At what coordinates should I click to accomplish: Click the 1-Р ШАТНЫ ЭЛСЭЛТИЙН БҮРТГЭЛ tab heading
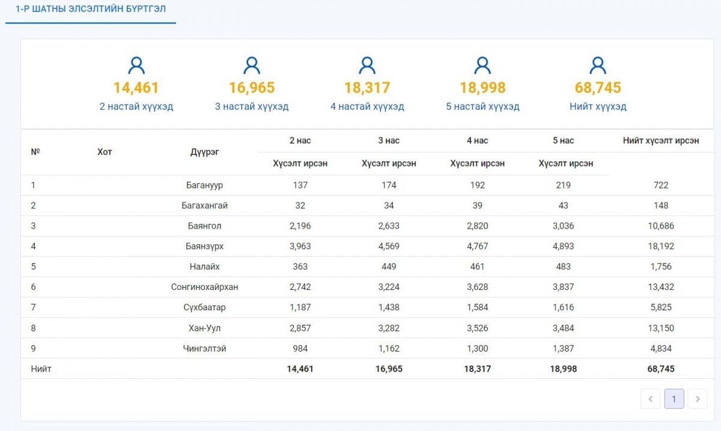[x=91, y=9]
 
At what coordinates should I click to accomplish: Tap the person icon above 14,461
[x=136, y=65]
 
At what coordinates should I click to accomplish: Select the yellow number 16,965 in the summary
[x=252, y=88]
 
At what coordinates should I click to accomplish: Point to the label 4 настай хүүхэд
[x=367, y=106]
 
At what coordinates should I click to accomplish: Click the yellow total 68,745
[x=598, y=88]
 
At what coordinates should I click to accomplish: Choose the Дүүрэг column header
[x=204, y=152]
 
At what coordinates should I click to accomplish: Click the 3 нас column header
[x=389, y=140]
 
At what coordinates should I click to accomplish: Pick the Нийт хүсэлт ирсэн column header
[x=661, y=140]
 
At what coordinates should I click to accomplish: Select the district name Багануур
[x=204, y=185]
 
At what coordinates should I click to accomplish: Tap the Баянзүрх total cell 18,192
[x=661, y=246]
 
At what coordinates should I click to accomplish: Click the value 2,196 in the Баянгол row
[x=300, y=226]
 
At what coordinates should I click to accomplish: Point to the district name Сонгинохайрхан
[x=204, y=287]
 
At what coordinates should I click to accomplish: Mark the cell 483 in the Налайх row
[x=563, y=267]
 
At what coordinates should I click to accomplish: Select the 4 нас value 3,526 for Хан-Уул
[x=477, y=328]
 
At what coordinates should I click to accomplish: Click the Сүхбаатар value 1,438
[x=389, y=307]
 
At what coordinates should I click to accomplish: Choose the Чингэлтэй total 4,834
[x=661, y=348]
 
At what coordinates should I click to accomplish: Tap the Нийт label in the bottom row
[x=41, y=369]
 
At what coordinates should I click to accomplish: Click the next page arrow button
[x=697, y=399]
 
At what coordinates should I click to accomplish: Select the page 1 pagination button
[x=674, y=399]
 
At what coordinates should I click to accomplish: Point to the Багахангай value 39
[x=477, y=205]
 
